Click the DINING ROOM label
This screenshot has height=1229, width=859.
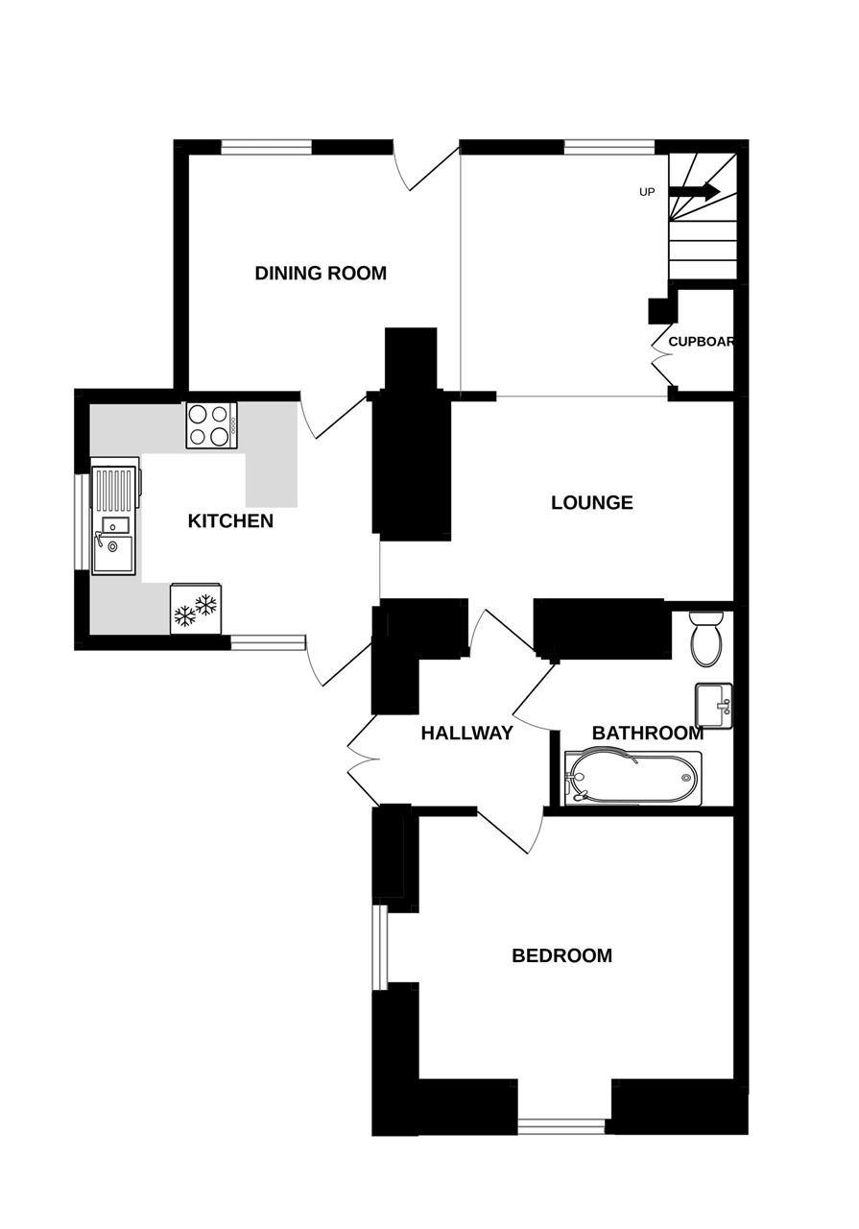[321, 274]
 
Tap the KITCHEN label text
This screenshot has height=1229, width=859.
[230, 521]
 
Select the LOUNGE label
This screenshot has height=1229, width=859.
[592, 502]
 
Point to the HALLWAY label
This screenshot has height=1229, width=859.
[466, 733]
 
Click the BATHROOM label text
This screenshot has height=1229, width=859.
[648, 733]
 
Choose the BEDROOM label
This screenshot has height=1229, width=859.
[561, 955]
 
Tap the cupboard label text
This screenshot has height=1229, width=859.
[701, 342]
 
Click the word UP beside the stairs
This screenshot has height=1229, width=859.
[647, 193]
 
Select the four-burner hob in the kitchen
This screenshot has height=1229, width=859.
[212, 425]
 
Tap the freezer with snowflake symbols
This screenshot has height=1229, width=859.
[196, 609]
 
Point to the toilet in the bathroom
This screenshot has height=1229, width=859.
[708, 639]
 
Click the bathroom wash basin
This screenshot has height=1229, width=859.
[714, 706]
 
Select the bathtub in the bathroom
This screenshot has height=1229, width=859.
[633, 778]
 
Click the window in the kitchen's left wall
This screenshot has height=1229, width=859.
[83, 521]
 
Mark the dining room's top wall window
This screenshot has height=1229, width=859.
[267, 147]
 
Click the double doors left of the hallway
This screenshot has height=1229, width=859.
[363, 759]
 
